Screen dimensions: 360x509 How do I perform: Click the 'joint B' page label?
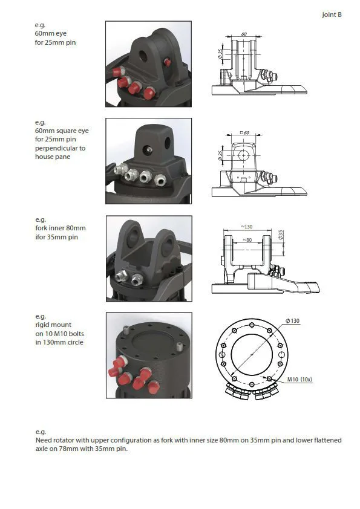pos(332,15)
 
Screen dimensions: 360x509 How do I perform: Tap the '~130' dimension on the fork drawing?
pos(247,227)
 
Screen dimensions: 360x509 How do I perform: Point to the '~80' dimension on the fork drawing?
pos(247,240)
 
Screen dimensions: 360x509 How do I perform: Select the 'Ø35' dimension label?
pos(281,235)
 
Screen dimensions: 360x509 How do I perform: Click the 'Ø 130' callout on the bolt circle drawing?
pos(292,321)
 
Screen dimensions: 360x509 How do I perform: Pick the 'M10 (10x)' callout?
pos(299,379)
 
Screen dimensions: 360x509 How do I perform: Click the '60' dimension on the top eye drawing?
pos(244,34)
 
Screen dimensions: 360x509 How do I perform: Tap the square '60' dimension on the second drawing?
pos(244,132)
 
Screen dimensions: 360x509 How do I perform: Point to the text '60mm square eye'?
pos(62,131)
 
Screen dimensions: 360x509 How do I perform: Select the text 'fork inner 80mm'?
pos(61,229)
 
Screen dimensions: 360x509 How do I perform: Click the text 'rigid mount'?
pos(53,325)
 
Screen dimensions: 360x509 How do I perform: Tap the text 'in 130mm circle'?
pos(59,342)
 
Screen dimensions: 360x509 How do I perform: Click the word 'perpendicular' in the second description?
pos(60,148)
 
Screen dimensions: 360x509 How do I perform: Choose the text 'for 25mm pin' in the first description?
pos(55,42)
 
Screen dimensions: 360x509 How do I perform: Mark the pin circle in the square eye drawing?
pos(243,155)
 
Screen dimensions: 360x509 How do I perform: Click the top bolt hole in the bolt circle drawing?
pos(252,325)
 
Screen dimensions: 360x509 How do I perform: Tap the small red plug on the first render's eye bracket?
pos(168,62)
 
